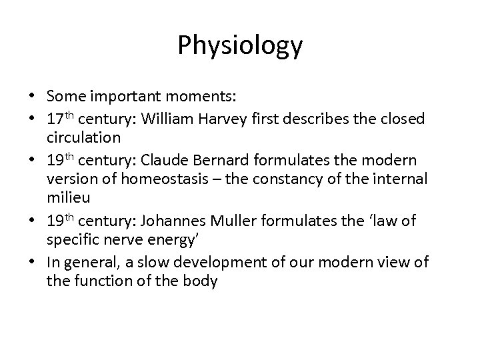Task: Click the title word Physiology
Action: click(x=240, y=46)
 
